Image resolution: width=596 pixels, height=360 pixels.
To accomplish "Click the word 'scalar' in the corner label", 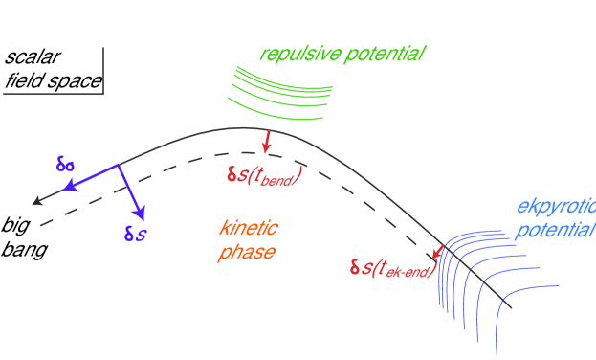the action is click(30, 56).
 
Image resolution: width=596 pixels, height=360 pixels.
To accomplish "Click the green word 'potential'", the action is click(381, 54).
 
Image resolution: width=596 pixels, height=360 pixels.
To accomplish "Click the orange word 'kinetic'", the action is click(248, 230).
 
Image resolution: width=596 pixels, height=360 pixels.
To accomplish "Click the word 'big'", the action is click(15, 228).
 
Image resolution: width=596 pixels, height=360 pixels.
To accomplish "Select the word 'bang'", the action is click(22, 251).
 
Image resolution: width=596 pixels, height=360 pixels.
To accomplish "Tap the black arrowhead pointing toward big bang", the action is click(36, 201).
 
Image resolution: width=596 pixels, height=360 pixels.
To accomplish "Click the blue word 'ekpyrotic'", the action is click(554, 207).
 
